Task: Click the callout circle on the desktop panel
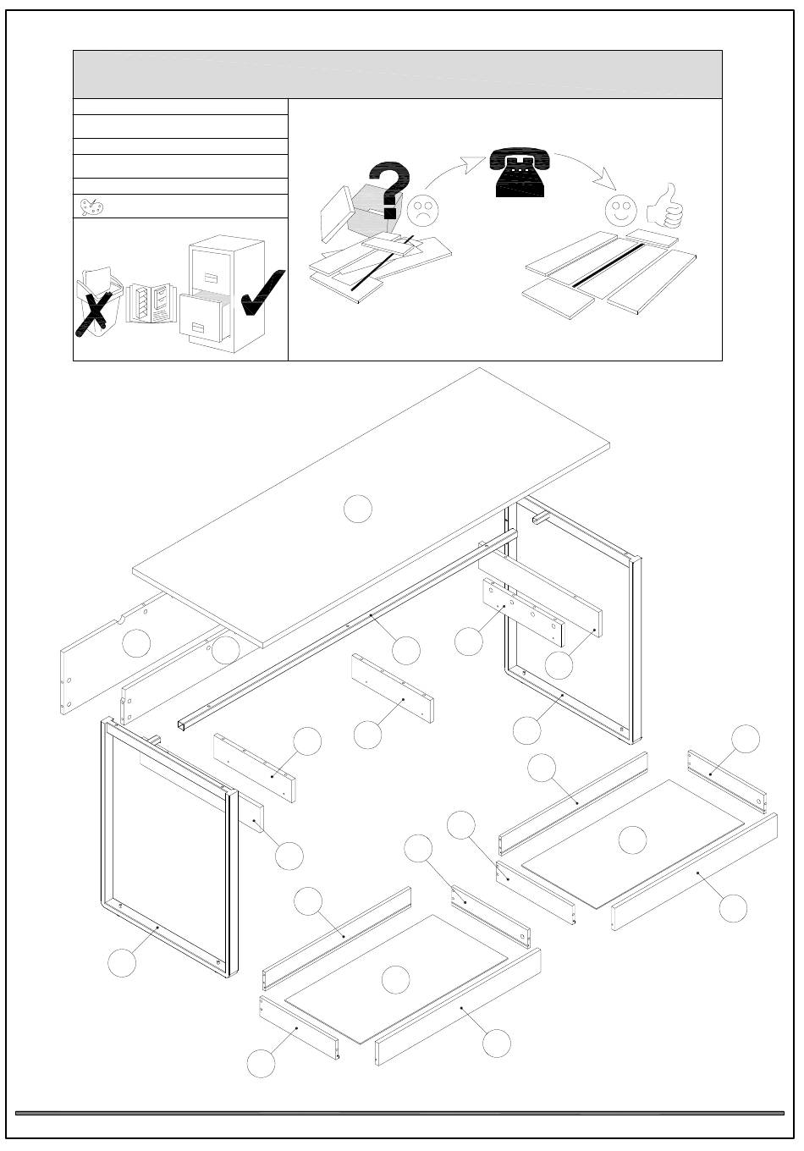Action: [x=358, y=509]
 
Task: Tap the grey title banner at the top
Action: [x=398, y=74]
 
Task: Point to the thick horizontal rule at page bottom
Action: [x=399, y=1113]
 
